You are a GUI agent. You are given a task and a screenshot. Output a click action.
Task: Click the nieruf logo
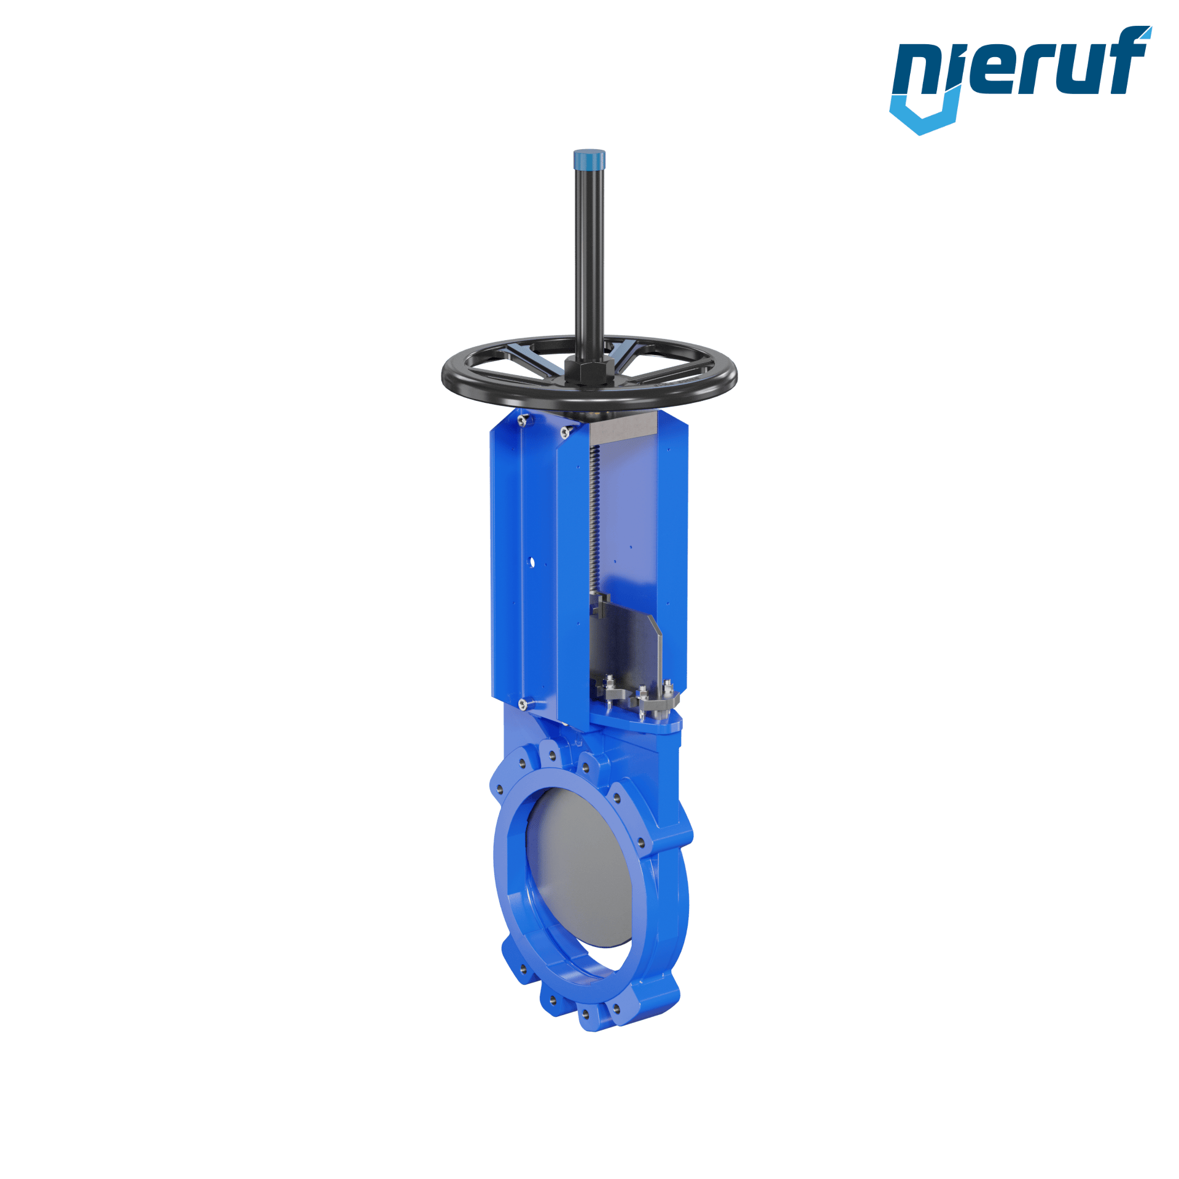[x=1020, y=80]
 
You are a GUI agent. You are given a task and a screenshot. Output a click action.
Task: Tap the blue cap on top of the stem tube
[x=589, y=160]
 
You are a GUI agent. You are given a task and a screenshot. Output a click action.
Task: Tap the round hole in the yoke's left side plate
[x=531, y=562]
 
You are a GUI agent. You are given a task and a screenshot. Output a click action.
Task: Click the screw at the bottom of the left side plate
[x=523, y=704]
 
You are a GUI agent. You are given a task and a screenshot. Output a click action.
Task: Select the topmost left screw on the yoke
[x=523, y=420]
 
